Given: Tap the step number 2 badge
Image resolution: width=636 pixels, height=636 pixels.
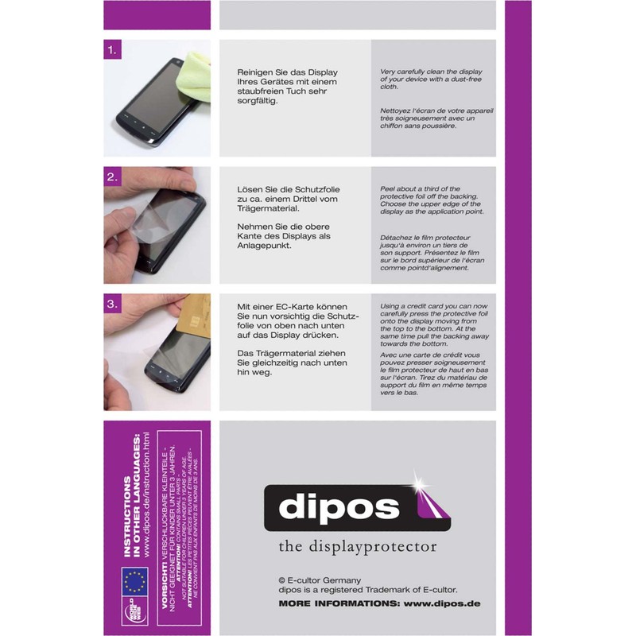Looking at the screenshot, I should pos(113,177).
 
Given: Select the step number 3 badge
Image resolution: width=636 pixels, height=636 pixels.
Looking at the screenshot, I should pos(113,304).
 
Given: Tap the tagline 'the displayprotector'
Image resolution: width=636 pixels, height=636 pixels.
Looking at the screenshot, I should pos(358,546).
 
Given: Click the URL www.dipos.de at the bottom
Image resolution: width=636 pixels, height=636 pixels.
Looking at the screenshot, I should pos(442,603).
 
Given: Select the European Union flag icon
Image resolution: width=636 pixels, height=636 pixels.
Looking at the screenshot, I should pos(134,580).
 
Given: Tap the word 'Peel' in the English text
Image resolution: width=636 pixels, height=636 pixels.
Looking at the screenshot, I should pos(390,190).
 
